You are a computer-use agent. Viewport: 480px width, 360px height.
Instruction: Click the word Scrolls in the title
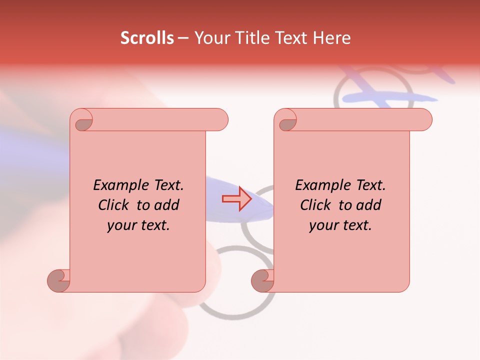coord(147,37)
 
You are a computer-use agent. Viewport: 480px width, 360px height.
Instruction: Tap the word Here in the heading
coord(331,37)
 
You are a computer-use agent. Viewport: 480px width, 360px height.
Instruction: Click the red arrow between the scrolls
coord(237,199)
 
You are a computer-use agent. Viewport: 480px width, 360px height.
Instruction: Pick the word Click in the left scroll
coord(109,205)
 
